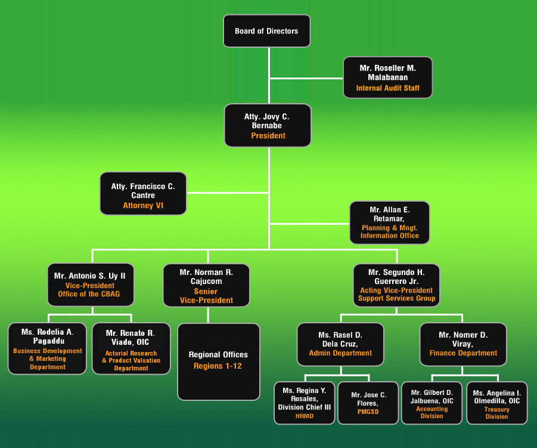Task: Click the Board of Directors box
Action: coord(267,31)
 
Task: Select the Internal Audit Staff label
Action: coord(387,88)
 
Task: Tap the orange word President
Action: coord(268,136)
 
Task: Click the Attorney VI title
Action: coord(143,205)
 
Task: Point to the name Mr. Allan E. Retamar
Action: coord(390,214)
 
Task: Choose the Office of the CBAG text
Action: coord(89,294)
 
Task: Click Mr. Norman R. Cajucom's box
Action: coord(206,285)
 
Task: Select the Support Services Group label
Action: coord(396,298)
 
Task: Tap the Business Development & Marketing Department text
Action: coord(48,359)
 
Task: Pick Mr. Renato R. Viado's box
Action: coord(131,348)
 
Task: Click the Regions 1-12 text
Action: coord(218,366)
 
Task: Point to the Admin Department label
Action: coord(340,353)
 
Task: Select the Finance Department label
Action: coord(463,353)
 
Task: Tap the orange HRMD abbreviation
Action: coord(305,416)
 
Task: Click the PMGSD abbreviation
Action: coord(368,412)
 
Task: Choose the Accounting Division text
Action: coord(432,412)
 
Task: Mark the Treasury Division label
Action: coord(497,413)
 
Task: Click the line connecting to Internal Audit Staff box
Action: coord(306,79)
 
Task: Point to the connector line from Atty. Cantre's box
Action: coord(228,193)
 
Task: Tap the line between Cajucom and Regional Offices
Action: coord(208,315)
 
